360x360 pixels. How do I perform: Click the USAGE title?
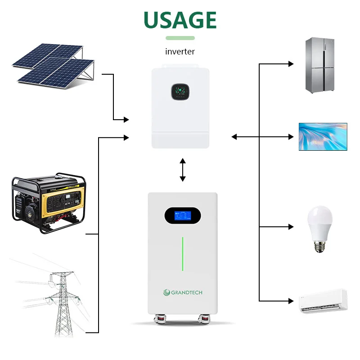pyautogui.click(x=180, y=20)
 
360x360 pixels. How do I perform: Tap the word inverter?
pyautogui.click(x=180, y=52)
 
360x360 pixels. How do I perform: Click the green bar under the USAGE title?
pyautogui.click(x=180, y=38)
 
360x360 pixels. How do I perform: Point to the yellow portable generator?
pyautogui.click(x=49, y=202)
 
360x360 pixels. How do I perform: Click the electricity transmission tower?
pyautogui.click(x=61, y=301)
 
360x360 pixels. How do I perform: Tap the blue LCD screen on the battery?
pyautogui.click(x=182, y=215)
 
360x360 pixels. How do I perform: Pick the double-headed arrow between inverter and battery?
pyautogui.click(x=182, y=170)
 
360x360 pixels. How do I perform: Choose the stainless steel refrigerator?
pyautogui.click(x=320, y=65)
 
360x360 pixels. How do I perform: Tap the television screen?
pyautogui.click(x=323, y=136)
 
